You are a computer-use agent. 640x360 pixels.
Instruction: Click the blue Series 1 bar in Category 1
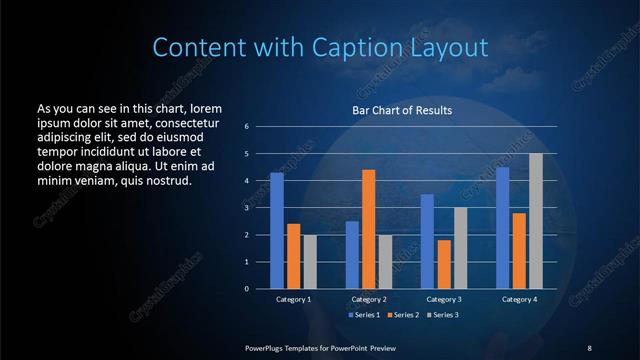[x=277, y=231]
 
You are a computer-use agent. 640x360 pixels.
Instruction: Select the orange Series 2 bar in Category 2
[x=368, y=229]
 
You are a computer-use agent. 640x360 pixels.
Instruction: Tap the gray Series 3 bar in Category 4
[x=536, y=221]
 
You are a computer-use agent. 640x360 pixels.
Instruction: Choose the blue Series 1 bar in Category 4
[x=502, y=228]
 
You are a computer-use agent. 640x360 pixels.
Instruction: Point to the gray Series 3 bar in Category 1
[x=310, y=262]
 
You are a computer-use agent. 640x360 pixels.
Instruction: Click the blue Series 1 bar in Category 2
[x=352, y=255]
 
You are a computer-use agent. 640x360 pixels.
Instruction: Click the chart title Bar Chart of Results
[x=403, y=110]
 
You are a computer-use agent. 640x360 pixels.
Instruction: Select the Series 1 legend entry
[x=365, y=315]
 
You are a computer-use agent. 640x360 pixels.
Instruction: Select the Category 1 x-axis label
[x=293, y=299]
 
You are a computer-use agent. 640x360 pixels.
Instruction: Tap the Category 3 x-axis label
[x=443, y=299]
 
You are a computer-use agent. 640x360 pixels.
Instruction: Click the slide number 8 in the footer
[x=589, y=347]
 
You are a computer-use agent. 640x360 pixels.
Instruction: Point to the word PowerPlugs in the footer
[x=266, y=347]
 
